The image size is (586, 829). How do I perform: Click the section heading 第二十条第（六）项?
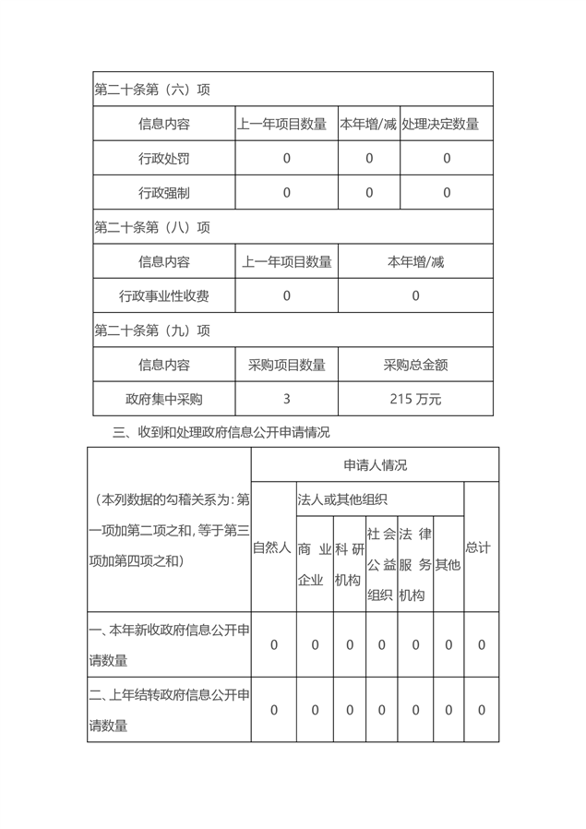152,90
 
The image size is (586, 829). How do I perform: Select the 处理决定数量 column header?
447,124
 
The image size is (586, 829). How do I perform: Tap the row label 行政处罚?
163,159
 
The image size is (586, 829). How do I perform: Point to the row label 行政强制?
163,193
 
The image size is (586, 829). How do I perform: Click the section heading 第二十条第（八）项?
152,227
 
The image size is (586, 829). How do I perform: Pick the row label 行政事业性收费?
163,296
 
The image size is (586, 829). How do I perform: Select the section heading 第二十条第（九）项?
152,330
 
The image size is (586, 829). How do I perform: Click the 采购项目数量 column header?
286,365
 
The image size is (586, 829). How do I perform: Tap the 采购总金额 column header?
415,365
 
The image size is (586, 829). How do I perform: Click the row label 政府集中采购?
163,400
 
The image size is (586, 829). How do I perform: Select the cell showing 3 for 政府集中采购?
286,400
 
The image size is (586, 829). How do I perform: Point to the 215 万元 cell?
415,400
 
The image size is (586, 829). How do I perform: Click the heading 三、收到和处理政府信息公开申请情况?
221,432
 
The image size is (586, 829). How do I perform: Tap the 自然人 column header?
272,547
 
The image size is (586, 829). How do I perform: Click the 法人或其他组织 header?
342,499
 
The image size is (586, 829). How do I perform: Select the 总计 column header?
478,547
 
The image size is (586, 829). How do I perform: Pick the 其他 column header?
448,564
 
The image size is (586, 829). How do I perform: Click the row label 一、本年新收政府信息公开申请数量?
168,645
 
